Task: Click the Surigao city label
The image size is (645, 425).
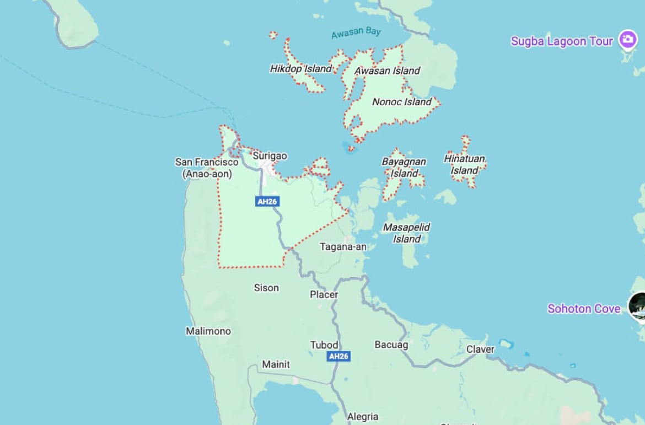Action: click(x=270, y=156)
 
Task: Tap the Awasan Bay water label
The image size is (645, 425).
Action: click(x=356, y=33)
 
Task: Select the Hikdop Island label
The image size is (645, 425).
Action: click(x=300, y=69)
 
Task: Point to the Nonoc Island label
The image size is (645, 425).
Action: click(x=401, y=102)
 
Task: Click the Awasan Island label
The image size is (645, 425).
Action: click(x=387, y=71)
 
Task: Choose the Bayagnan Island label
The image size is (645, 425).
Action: click(x=404, y=168)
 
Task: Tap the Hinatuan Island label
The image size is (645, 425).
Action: click(x=465, y=164)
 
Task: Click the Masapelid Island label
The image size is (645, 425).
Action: click(x=407, y=233)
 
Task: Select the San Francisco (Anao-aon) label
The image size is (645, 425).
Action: click(x=207, y=168)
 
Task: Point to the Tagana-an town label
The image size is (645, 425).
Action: click(x=343, y=247)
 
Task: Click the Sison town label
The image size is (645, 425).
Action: click(x=266, y=288)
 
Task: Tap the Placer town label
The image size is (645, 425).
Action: click(x=324, y=294)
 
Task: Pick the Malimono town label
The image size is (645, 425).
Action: click(x=208, y=331)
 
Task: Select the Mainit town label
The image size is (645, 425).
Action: click(x=276, y=364)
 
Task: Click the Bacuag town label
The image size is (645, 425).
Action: click(x=391, y=345)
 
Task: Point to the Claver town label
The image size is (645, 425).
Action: click(x=480, y=349)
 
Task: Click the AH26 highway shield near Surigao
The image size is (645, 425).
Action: click(x=267, y=202)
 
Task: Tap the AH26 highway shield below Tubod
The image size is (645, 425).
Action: click(x=338, y=357)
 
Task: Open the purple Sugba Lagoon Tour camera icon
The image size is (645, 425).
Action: click(x=627, y=39)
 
